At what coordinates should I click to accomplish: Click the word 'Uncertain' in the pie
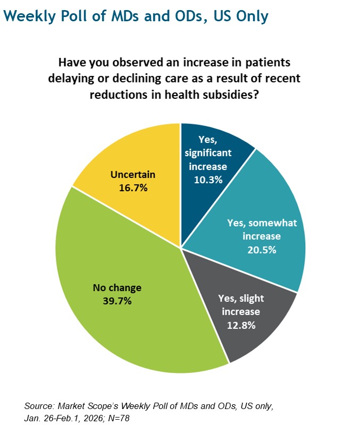pyautogui.click(x=133, y=174)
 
